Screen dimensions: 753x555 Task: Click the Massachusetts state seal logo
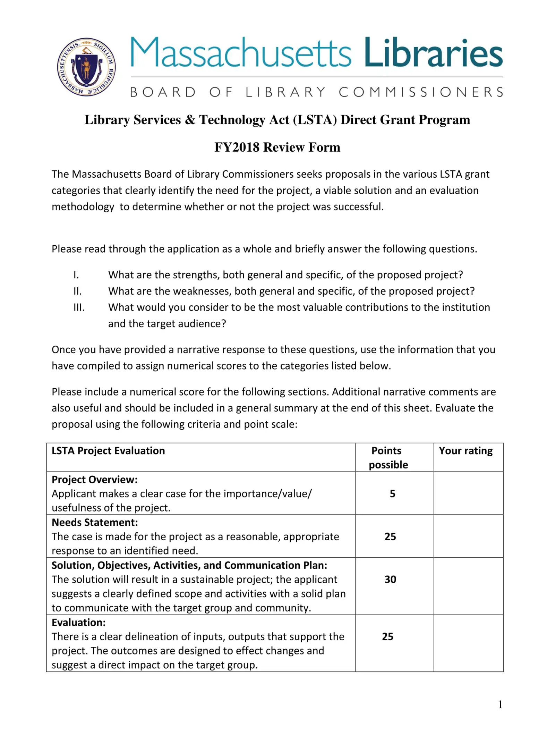coord(86,67)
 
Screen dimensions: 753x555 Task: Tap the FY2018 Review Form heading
coord(277,147)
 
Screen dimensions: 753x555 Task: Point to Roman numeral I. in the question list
coord(76,275)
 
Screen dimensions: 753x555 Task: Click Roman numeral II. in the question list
coord(78,291)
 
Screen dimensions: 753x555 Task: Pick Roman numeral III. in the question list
coord(79,307)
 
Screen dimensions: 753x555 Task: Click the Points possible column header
coord(388,457)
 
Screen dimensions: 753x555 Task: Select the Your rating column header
coord(466,451)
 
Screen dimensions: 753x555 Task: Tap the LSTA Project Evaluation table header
coord(108,451)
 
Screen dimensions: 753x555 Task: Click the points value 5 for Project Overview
coord(392,493)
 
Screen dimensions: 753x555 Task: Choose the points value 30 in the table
coord(390,579)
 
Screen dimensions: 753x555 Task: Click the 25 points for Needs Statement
coord(390,536)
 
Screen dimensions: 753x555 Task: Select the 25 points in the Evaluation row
coord(387,636)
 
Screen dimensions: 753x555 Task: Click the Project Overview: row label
coord(94,480)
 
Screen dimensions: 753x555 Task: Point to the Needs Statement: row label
coord(95,522)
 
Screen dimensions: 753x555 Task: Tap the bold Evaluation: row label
coord(78,622)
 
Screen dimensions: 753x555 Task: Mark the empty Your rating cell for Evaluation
coord(468,643)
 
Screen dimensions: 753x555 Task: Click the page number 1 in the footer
coord(500,704)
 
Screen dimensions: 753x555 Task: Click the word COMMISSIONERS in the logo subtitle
coord(421,92)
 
